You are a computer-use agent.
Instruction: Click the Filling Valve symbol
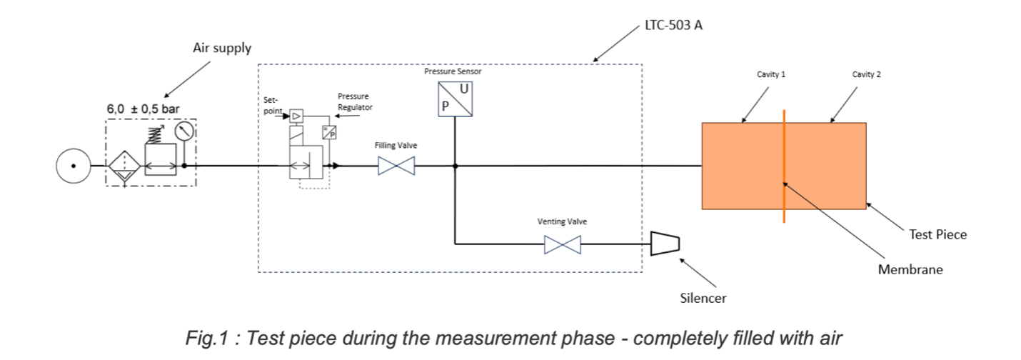point(396,166)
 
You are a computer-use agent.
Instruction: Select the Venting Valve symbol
point(562,245)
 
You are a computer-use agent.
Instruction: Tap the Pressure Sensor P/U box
point(456,99)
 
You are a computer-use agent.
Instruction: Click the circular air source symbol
point(73,166)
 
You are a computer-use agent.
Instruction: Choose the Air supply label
point(222,49)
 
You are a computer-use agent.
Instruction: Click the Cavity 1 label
point(771,74)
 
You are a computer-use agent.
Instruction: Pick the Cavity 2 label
point(866,74)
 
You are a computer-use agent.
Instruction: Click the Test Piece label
point(937,234)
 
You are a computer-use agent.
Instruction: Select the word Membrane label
point(910,269)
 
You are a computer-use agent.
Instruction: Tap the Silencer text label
point(703,298)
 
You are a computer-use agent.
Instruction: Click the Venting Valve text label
point(562,221)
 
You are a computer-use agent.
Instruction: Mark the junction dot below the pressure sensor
point(455,166)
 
